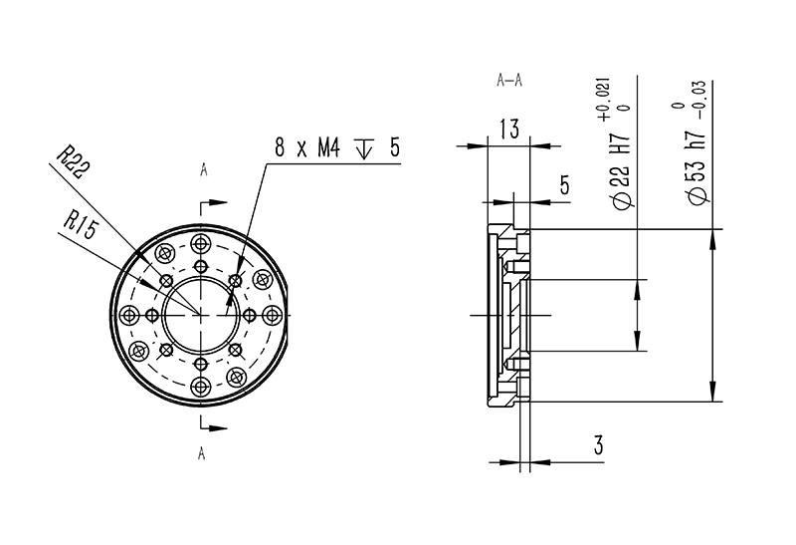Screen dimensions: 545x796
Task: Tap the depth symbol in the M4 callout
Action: (363, 149)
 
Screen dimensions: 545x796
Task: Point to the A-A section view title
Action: (509, 81)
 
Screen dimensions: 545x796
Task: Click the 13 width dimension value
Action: (508, 129)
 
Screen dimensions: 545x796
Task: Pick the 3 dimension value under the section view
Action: (598, 444)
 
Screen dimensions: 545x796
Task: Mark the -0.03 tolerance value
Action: (701, 99)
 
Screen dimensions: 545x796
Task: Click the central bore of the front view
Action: (202, 315)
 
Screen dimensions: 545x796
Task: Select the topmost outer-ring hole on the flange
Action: (202, 243)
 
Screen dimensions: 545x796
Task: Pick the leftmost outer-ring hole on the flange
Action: (129, 315)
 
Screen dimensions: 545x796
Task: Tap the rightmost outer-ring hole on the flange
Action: (274, 316)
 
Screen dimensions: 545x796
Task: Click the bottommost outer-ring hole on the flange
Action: (202, 387)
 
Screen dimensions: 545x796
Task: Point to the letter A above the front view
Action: (203, 171)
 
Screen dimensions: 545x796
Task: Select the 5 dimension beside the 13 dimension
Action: (564, 184)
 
